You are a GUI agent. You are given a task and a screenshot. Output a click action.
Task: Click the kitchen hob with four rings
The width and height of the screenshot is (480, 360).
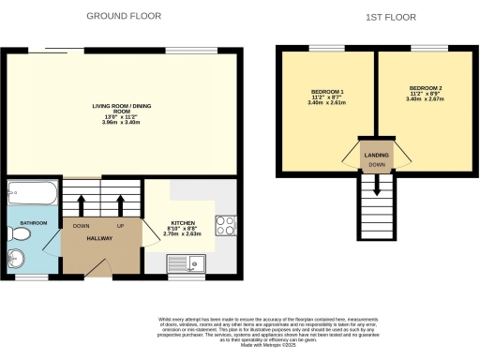pos(226,226)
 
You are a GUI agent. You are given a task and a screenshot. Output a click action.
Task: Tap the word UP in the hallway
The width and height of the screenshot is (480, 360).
pos(120,226)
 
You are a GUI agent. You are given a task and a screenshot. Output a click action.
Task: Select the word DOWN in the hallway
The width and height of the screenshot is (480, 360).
pos(82,226)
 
